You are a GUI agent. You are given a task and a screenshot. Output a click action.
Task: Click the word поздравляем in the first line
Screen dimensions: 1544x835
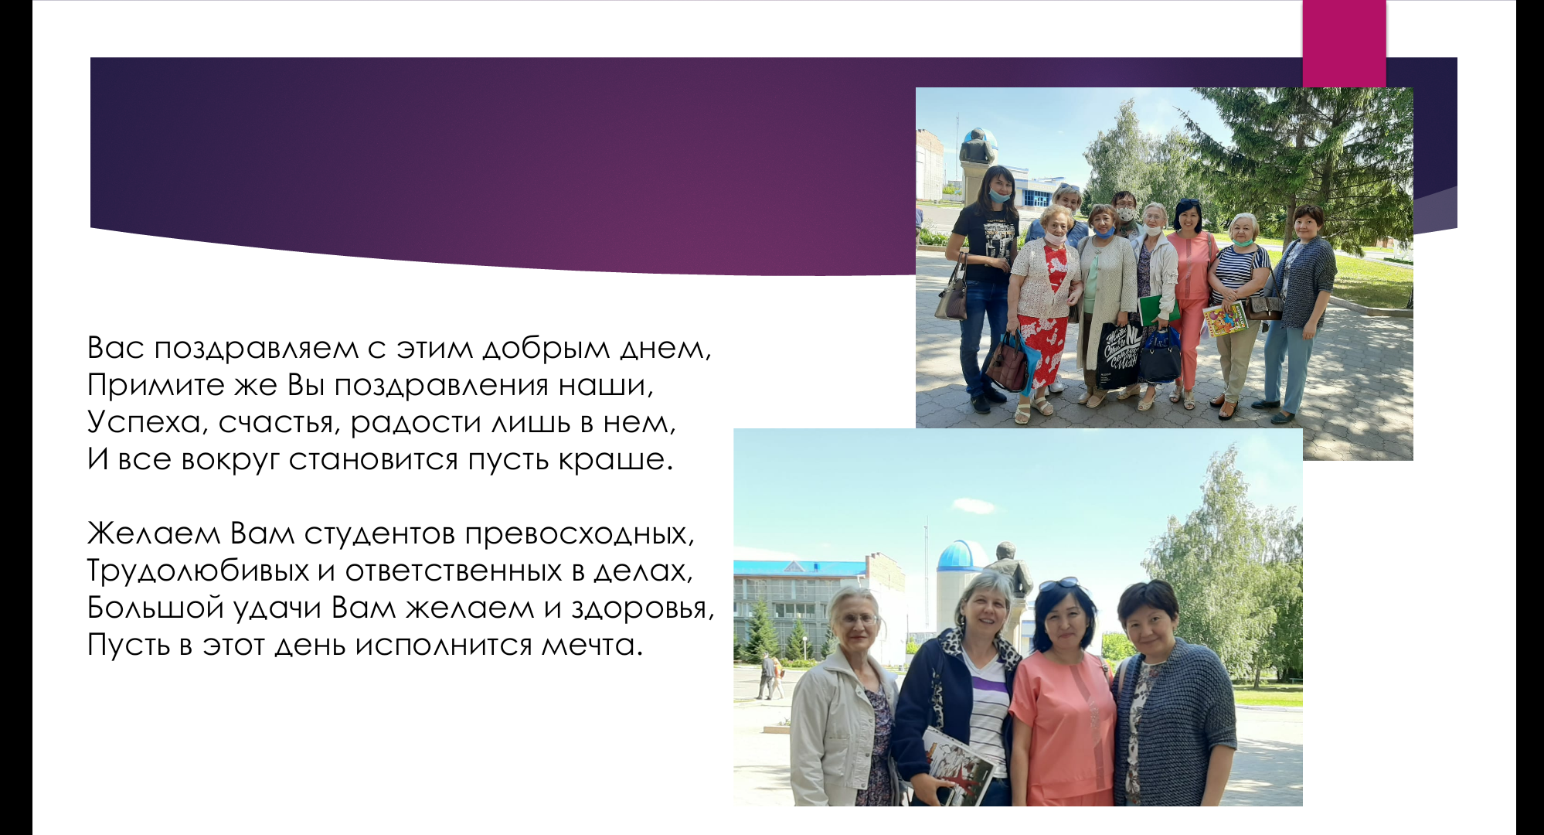(257, 349)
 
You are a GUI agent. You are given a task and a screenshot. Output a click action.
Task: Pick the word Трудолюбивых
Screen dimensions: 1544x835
(198, 571)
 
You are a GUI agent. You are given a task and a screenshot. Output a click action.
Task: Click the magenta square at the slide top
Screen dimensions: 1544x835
(1344, 43)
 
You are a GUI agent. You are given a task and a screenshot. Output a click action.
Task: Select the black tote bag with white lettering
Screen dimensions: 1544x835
(1117, 354)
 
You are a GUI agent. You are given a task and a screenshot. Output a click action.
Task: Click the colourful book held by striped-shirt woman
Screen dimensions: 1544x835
(1225, 319)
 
